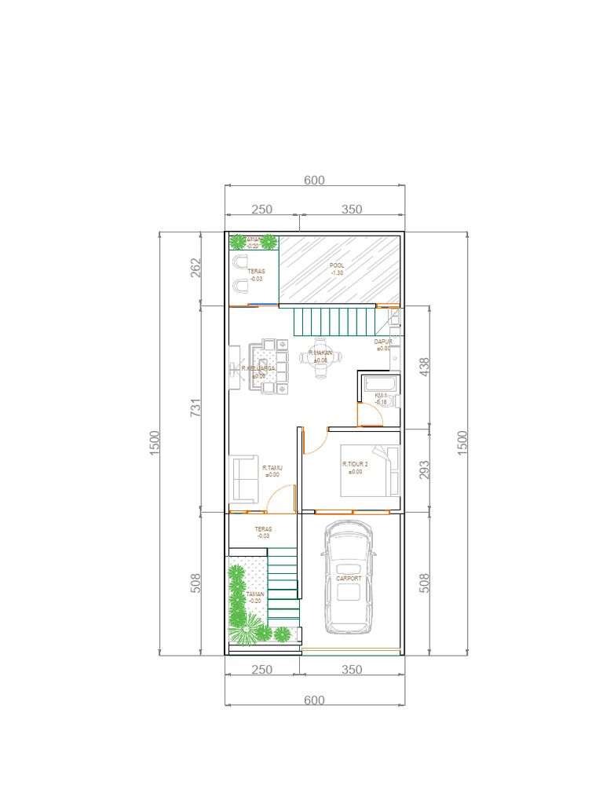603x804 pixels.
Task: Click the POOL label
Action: pyautogui.click(x=337, y=265)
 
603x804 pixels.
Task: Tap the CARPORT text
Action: pyautogui.click(x=349, y=579)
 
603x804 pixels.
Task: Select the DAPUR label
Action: pyautogui.click(x=382, y=342)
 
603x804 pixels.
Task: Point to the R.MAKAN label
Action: pyautogui.click(x=320, y=354)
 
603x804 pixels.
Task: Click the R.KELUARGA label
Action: pyautogui.click(x=258, y=368)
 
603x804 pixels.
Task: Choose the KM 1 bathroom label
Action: pyautogui.click(x=381, y=395)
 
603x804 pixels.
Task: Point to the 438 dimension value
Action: pyautogui.click(x=426, y=367)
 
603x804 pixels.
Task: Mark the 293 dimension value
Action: pyautogui.click(x=426, y=470)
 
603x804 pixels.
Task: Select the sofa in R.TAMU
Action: pyautogui.click(x=244, y=479)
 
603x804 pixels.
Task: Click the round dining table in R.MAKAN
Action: pyautogui.click(x=320, y=358)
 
